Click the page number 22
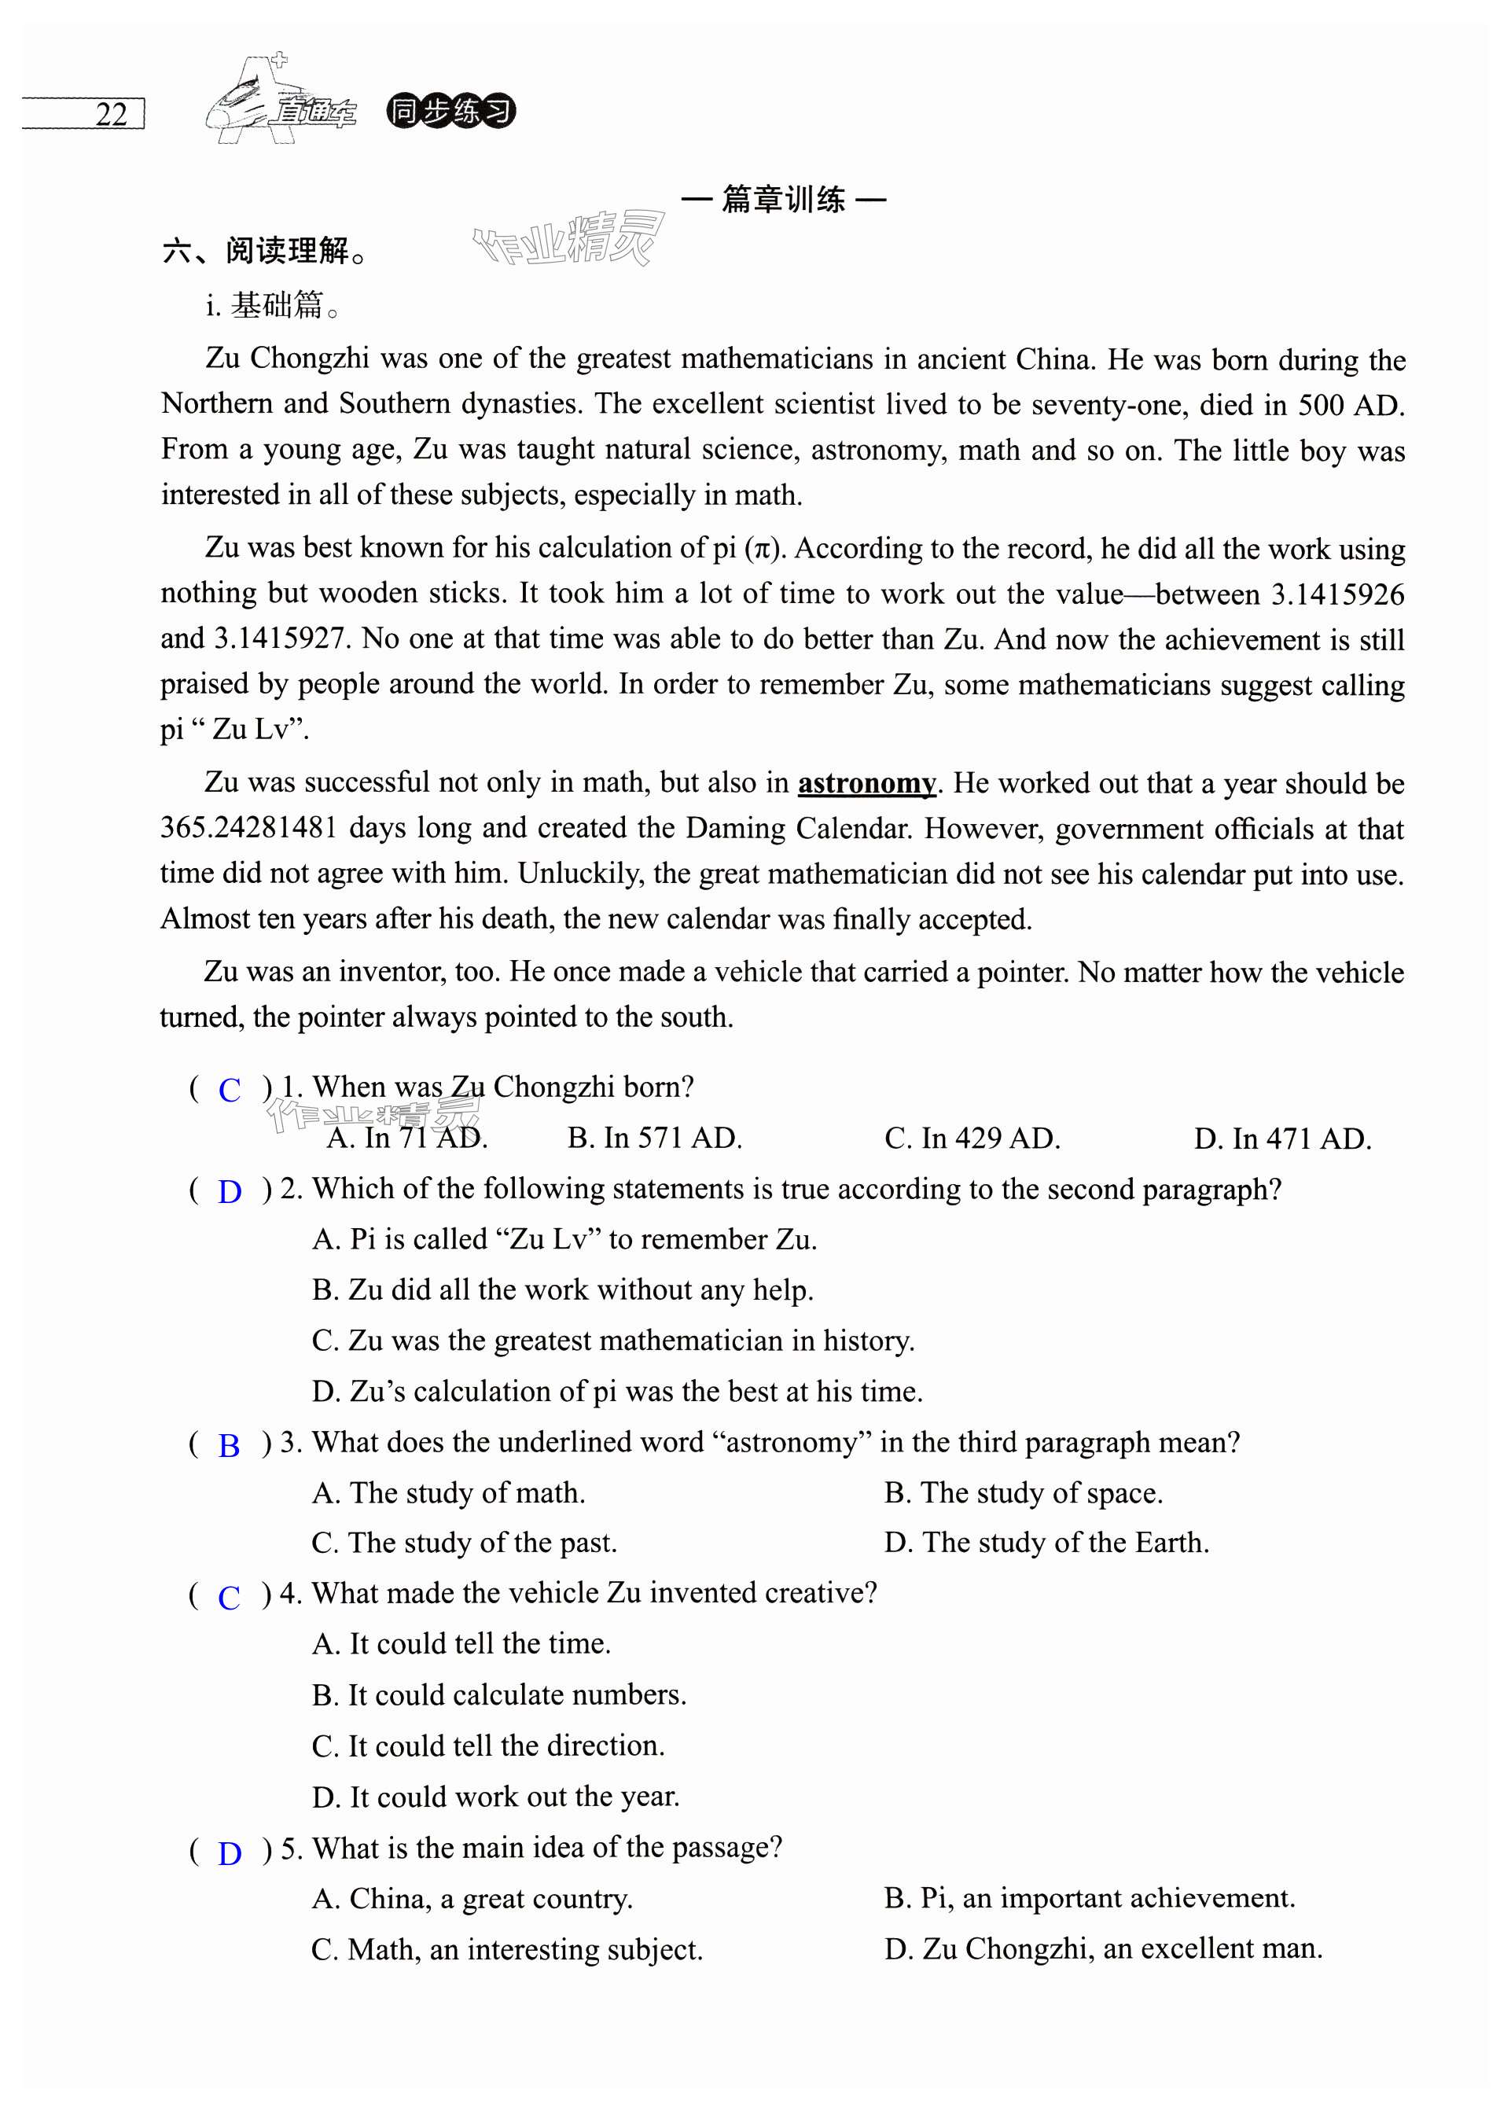(x=111, y=114)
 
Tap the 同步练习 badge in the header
(x=450, y=112)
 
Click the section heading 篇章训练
(x=783, y=200)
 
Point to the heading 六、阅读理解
(x=264, y=251)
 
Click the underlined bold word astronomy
(x=866, y=784)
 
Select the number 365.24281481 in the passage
(x=248, y=828)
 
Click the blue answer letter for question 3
(x=229, y=1446)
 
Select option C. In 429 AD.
(x=972, y=1139)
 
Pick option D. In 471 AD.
(x=1282, y=1139)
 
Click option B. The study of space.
(x=1023, y=1492)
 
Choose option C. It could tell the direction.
(x=488, y=1746)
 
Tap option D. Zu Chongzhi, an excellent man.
(x=1103, y=1948)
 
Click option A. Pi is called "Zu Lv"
(x=564, y=1239)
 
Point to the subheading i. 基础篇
(x=274, y=305)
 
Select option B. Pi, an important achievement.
(x=1089, y=1898)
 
